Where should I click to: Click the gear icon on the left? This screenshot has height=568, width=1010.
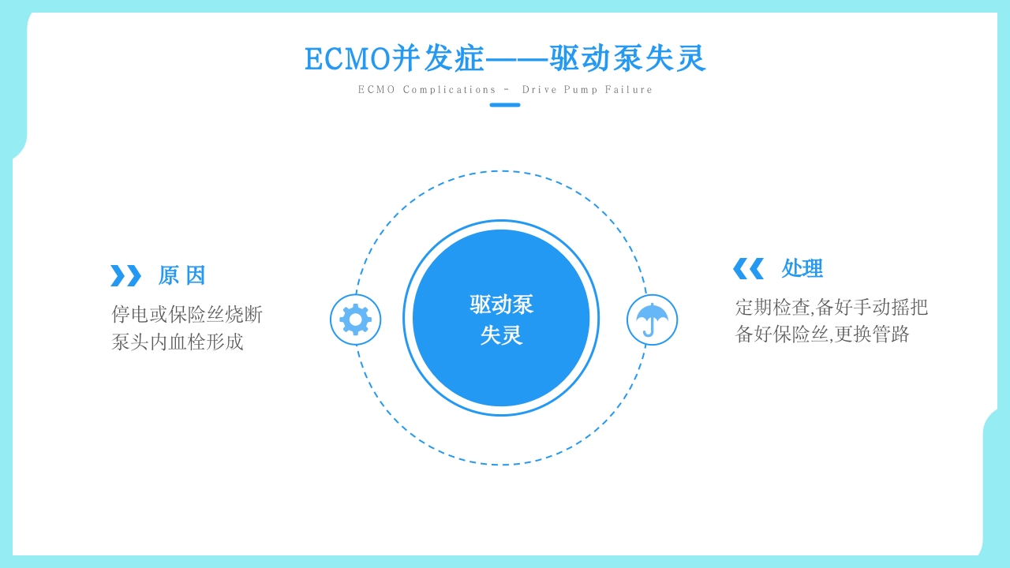[x=355, y=319]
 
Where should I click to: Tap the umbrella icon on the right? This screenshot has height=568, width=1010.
[x=652, y=319]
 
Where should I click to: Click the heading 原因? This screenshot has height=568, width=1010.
[x=181, y=275]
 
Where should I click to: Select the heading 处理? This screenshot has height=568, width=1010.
[x=802, y=268]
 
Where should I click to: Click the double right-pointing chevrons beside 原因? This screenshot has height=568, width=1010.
[x=125, y=275]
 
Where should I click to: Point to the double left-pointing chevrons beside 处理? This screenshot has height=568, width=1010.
[x=748, y=268]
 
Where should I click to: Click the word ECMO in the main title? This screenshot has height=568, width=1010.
[x=347, y=59]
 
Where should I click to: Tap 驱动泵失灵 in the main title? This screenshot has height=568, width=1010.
[x=627, y=59]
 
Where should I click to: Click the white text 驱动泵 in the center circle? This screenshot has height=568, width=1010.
[x=501, y=305]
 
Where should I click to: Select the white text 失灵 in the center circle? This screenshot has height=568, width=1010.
[x=501, y=335]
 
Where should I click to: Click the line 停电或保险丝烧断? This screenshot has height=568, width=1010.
[x=187, y=314]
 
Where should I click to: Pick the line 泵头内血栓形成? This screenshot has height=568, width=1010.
[x=178, y=342]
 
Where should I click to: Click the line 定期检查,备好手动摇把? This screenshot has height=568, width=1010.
[x=832, y=307]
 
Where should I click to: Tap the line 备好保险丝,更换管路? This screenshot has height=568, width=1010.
[x=822, y=334]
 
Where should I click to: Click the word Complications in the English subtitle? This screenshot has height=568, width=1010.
[x=450, y=90]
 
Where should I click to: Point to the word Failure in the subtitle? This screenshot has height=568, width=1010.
[x=629, y=90]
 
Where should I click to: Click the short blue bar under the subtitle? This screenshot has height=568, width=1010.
[x=505, y=105]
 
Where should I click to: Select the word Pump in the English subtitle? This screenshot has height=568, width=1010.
[x=582, y=90]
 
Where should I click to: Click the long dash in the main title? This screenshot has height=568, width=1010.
[x=517, y=59]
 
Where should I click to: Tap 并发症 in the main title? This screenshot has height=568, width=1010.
[x=438, y=59]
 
